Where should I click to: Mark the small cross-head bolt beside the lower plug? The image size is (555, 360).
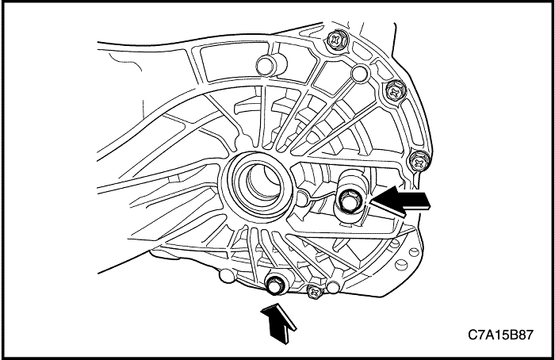coord(314,293)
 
